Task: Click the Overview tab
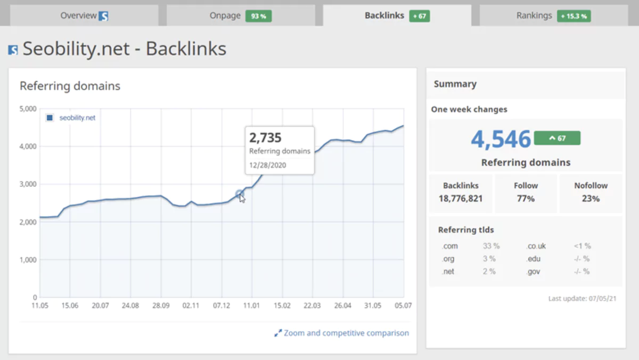(84, 15)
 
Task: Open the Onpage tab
(225, 15)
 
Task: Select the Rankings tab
(534, 15)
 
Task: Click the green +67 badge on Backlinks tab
(420, 16)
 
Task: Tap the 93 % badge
(258, 16)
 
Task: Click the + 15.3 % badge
(574, 16)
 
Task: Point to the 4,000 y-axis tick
(27, 146)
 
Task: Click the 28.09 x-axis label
(161, 306)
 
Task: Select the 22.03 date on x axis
(312, 306)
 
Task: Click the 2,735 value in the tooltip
(265, 138)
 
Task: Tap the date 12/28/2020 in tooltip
(267, 165)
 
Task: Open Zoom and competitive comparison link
(346, 333)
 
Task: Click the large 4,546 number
(501, 139)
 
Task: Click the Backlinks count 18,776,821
(461, 198)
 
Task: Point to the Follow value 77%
(526, 198)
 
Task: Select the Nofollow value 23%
(591, 198)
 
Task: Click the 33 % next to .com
(491, 246)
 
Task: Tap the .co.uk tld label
(536, 246)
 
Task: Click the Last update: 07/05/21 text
(582, 299)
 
